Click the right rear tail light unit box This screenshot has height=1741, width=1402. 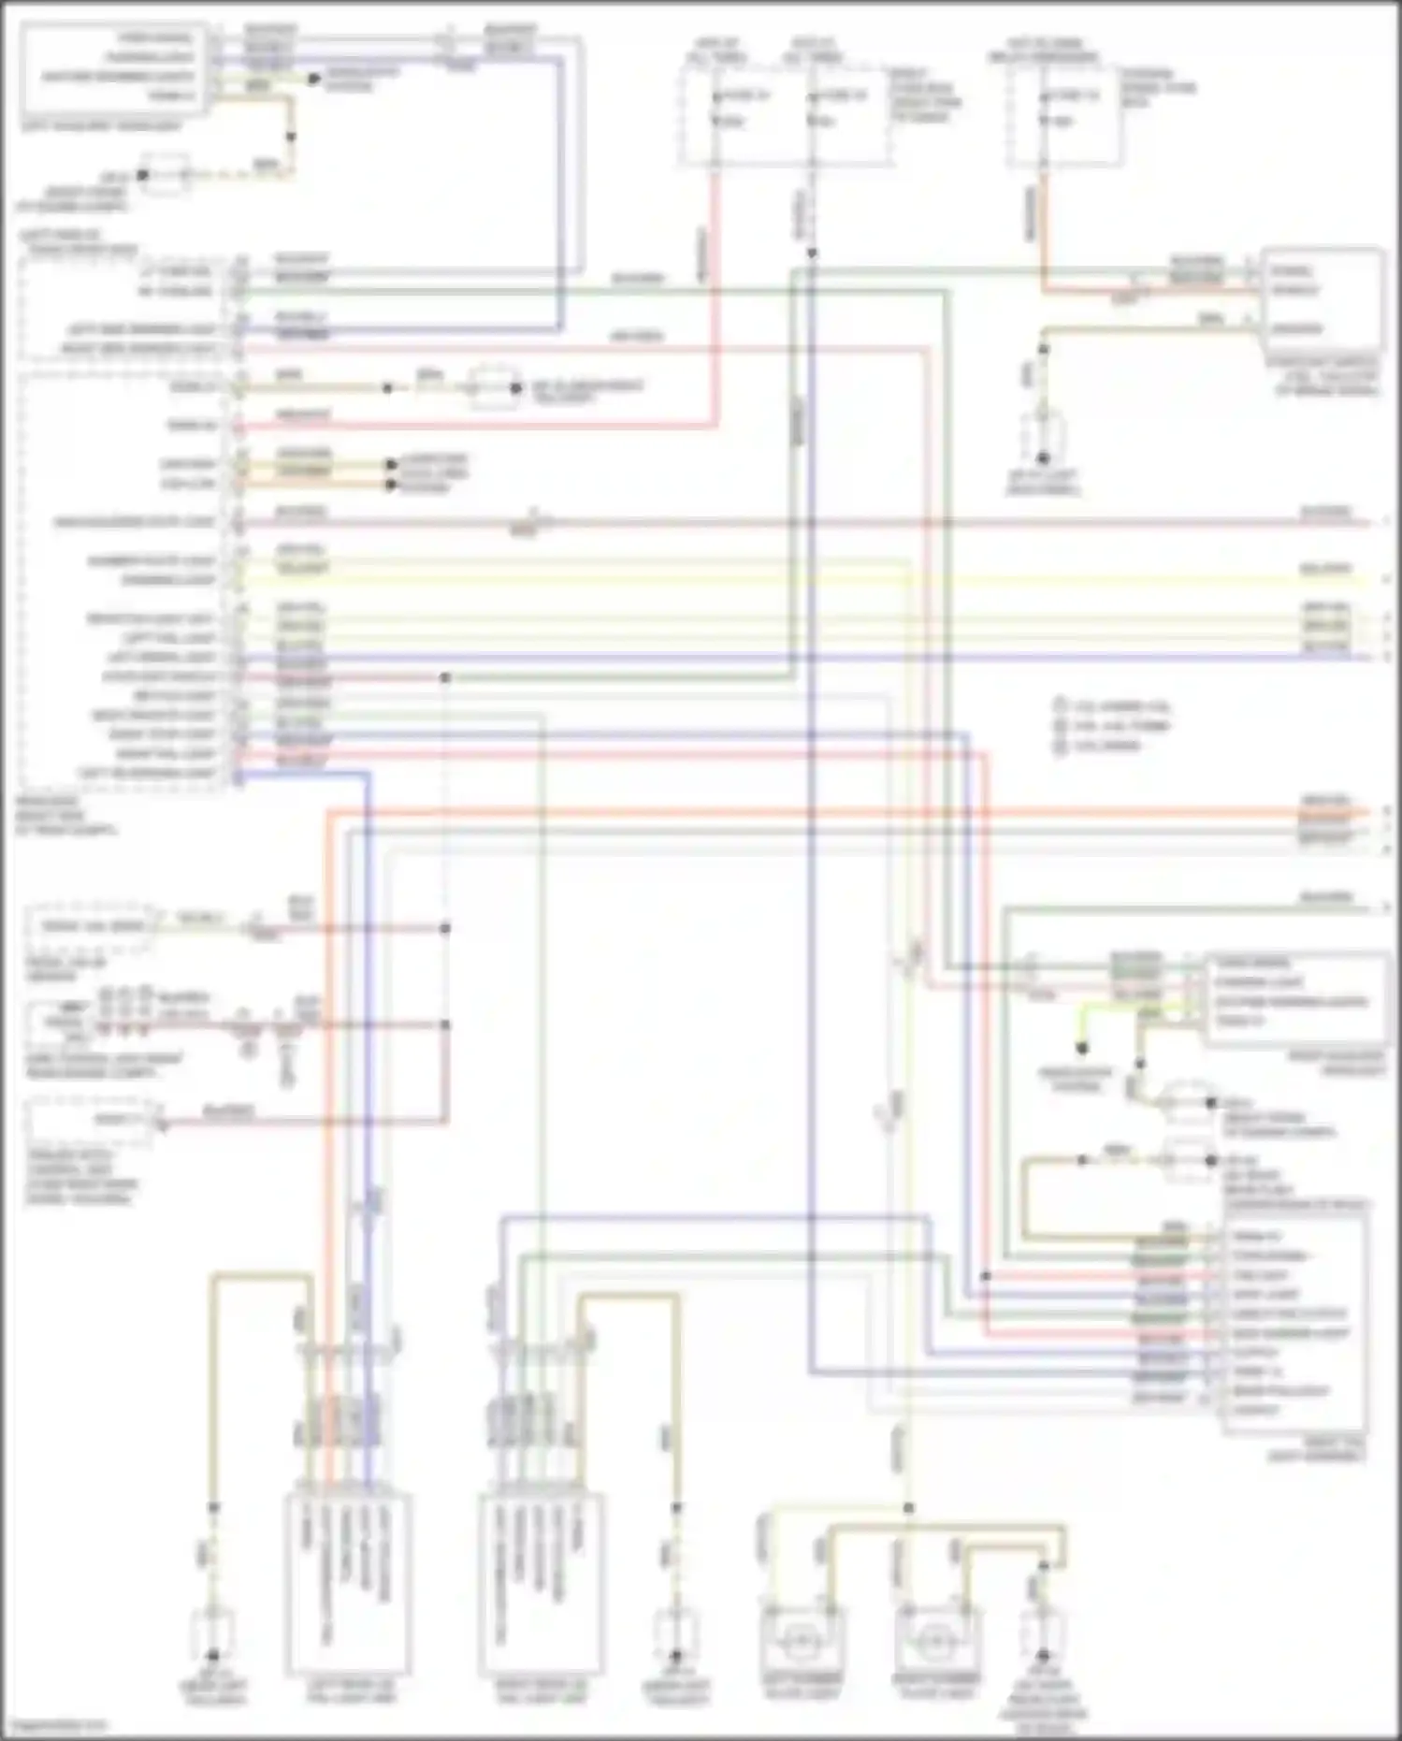tap(542, 1581)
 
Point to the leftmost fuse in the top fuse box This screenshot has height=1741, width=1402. tap(716, 97)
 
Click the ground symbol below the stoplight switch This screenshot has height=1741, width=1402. tap(1043, 458)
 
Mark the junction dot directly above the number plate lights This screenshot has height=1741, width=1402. tap(908, 1508)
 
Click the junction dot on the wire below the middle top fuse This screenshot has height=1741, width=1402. tap(812, 253)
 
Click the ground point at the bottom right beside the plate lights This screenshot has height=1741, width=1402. tap(1043, 1654)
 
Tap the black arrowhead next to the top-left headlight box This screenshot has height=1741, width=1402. tap(315, 80)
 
